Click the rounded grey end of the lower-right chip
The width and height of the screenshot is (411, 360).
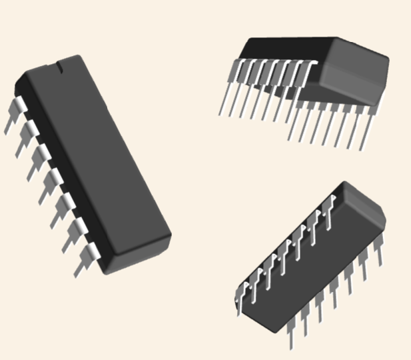tap(363, 207)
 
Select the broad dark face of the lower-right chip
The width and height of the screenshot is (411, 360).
tap(306, 267)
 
